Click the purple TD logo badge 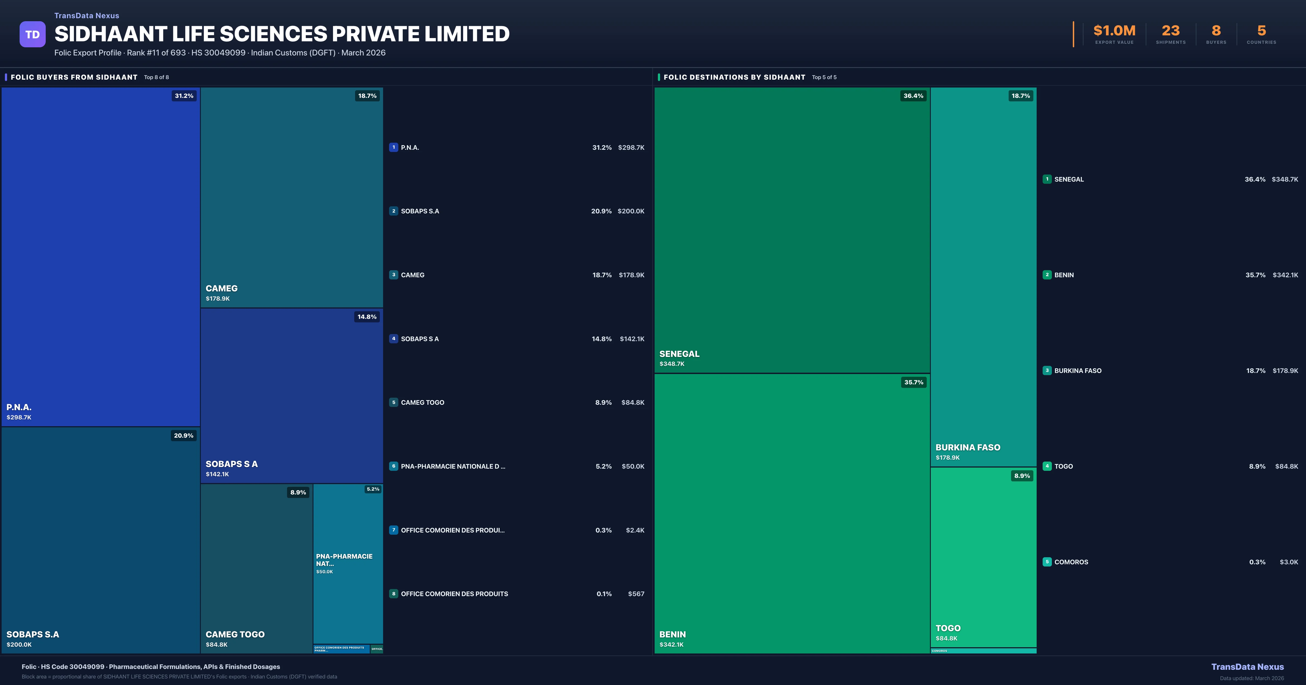pyautogui.click(x=32, y=35)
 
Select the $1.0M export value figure pyautogui.click(x=1114, y=31)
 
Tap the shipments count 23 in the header pyautogui.click(x=1171, y=31)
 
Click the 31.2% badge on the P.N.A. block pyautogui.click(x=184, y=96)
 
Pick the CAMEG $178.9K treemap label pyautogui.click(x=221, y=292)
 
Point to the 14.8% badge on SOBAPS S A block pyautogui.click(x=367, y=317)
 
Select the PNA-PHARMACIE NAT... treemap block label pyautogui.click(x=344, y=560)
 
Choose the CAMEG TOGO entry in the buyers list pyautogui.click(x=422, y=402)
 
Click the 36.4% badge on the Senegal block pyautogui.click(x=913, y=96)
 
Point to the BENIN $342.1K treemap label pyautogui.click(x=672, y=639)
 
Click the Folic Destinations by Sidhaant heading pyautogui.click(x=734, y=77)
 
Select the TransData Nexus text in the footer pyautogui.click(x=1247, y=667)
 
